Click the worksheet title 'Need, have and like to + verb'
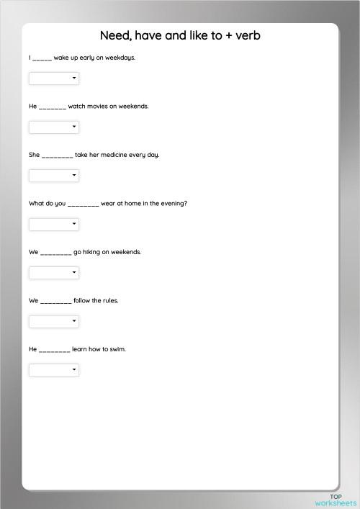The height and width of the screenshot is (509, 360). (x=180, y=35)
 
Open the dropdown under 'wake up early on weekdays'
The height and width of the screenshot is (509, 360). (x=54, y=78)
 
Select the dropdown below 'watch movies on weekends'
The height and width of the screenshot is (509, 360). (x=54, y=127)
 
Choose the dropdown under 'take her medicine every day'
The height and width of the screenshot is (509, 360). (x=54, y=175)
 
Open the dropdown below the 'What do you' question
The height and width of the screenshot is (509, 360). (x=54, y=224)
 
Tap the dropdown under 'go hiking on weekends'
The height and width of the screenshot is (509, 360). (x=54, y=273)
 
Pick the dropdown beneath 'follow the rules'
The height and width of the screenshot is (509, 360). (x=54, y=321)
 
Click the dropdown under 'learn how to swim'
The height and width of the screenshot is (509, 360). (x=54, y=370)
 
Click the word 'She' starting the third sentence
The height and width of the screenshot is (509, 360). (x=34, y=155)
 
